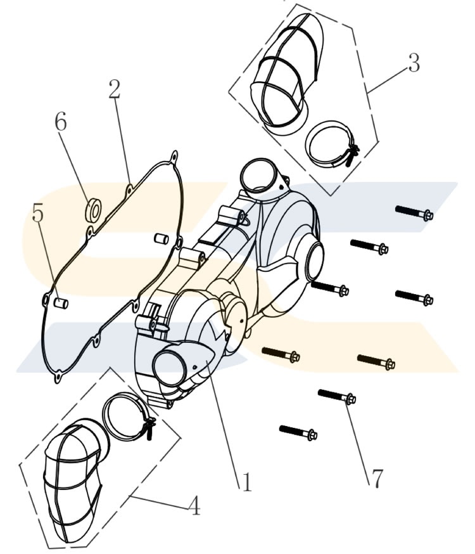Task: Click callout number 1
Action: (x=246, y=482)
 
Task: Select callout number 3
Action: (x=414, y=63)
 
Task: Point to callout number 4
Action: (x=194, y=505)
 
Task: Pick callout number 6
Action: (x=60, y=121)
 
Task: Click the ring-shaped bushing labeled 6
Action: (x=93, y=211)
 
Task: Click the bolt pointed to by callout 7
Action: (x=337, y=396)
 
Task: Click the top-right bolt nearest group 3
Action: (x=414, y=213)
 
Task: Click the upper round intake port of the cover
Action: (x=258, y=176)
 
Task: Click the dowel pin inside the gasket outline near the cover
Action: (x=161, y=239)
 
